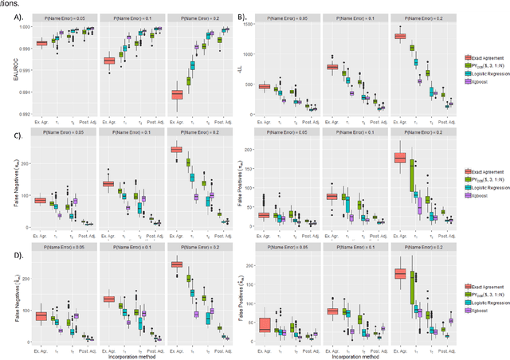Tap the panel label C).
[14, 133]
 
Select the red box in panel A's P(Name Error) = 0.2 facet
[177, 94]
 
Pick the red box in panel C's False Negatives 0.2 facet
[177, 149]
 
